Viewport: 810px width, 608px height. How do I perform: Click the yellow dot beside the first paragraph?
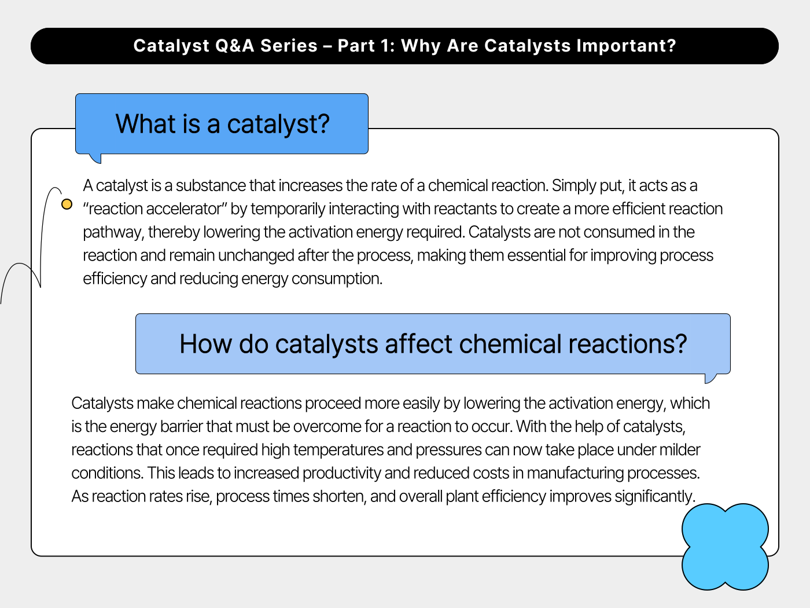(x=67, y=204)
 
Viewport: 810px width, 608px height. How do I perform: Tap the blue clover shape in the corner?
(x=725, y=547)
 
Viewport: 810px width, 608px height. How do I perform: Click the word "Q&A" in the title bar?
(x=234, y=46)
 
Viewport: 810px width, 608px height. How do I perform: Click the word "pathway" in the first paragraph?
(x=112, y=232)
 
